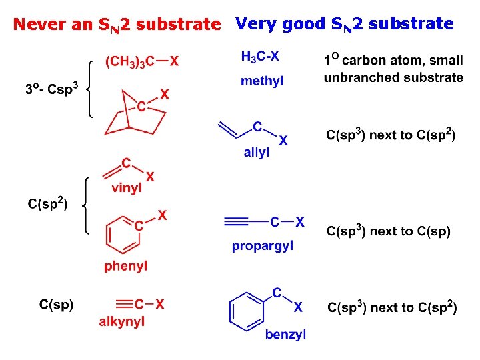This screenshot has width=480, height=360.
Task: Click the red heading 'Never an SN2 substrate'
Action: pos(117,25)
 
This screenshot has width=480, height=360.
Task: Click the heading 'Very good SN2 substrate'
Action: pos(345,25)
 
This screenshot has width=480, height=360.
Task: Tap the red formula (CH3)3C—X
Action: pos(142,62)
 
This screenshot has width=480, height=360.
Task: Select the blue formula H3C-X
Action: pos(261,57)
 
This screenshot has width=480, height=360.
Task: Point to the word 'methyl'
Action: pos(262,81)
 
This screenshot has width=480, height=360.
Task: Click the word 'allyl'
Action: pos(257,153)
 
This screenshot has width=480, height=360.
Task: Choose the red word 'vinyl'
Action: pos(127,188)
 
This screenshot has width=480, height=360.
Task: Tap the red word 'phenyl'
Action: pos(126,267)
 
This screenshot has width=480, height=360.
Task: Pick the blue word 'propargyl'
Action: pos(263,247)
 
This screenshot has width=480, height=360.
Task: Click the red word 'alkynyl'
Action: pos(122,321)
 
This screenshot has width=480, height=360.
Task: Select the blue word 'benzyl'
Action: pos(285,335)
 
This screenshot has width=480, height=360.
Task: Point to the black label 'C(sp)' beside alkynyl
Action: pos(57,305)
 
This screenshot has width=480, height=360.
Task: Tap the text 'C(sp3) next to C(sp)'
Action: pos(389,231)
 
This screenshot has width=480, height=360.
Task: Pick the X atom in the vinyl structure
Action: pos(150,177)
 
